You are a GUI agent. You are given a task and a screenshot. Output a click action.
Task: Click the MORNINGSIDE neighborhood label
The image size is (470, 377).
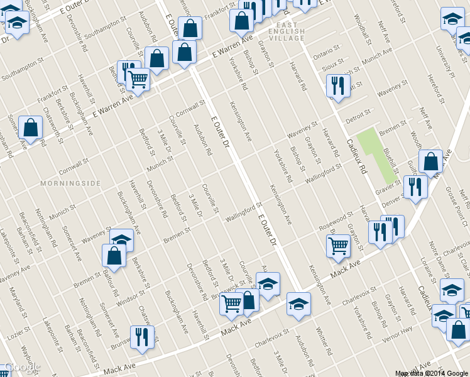tap(70, 183)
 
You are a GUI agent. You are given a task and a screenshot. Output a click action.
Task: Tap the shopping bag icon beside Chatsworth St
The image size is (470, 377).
tap(30, 128)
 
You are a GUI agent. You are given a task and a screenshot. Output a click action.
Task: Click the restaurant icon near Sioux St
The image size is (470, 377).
tap(338, 86)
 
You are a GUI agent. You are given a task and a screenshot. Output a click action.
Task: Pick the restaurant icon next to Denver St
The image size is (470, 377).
tap(415, 187)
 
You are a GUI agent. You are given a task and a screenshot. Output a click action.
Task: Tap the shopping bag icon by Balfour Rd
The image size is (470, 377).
tap(114, 255)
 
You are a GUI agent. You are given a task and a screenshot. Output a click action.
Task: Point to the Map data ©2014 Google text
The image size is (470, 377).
tap(432, 373)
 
